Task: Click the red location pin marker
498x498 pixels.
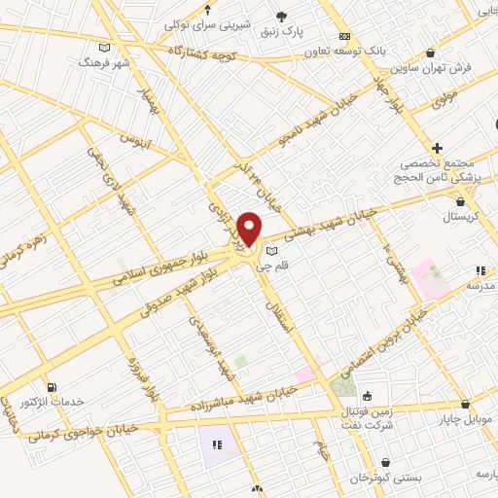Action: (x=250, y=229)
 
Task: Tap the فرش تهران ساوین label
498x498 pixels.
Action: (x=432, y=68)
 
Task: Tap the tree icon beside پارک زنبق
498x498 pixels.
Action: (x=283, y=17)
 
